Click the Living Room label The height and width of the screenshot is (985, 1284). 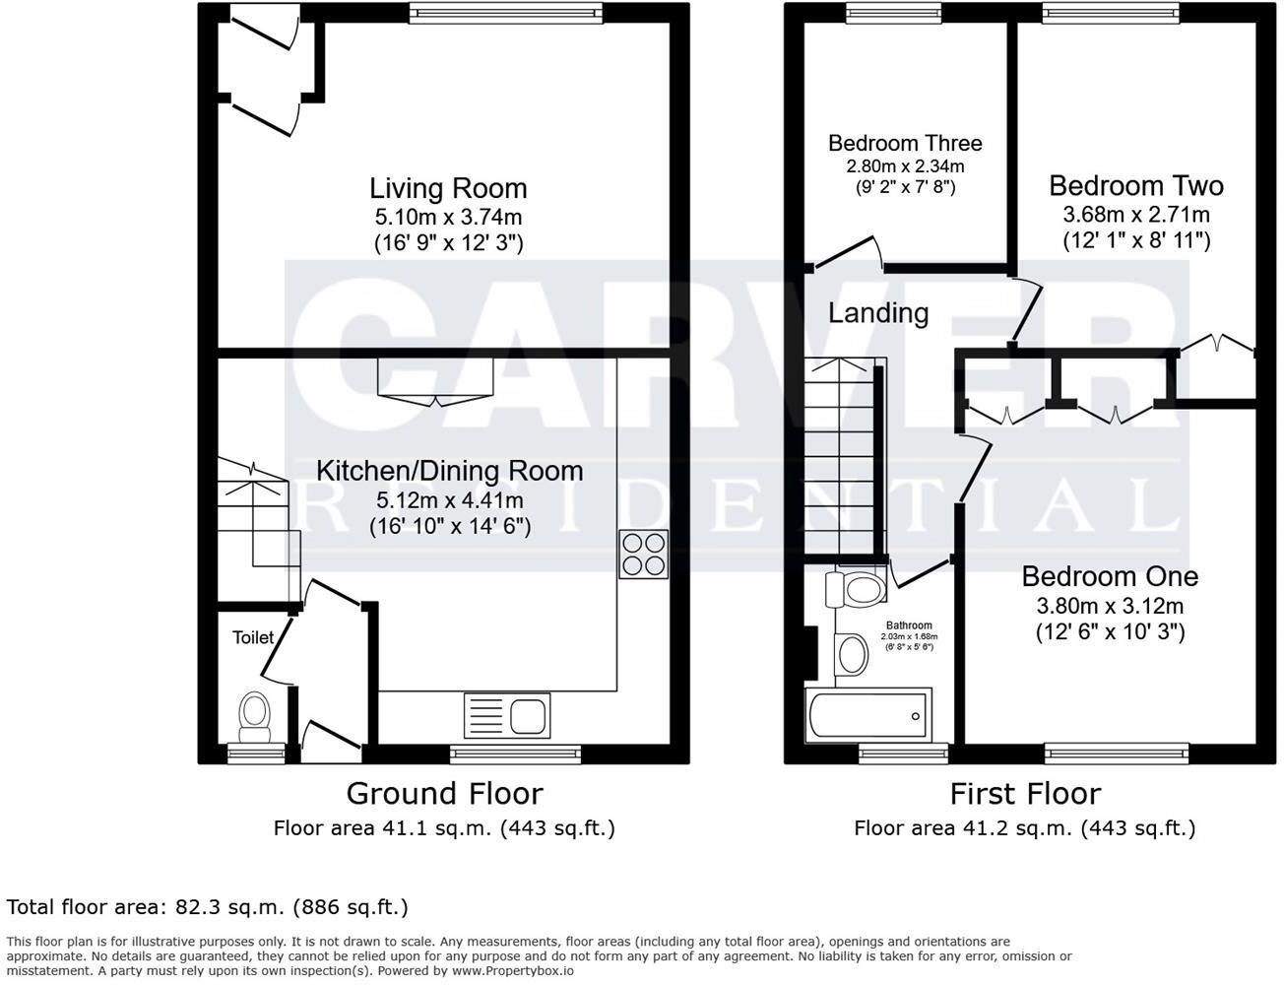point(448,188)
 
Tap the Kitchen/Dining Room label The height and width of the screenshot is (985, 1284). point(449,471)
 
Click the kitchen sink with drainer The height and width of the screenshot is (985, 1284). point(506,714)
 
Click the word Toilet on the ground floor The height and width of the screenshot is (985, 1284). point(253,637)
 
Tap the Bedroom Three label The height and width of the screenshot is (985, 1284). point(904,144)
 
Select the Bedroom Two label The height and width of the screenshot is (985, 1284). point(1135,185)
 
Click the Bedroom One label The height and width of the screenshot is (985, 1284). point(1109,576)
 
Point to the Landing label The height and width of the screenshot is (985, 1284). point(877,313)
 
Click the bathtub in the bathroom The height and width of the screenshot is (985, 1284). point(867,716)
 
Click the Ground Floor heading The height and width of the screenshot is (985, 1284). point(444,793)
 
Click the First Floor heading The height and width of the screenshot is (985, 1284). point(1024,793)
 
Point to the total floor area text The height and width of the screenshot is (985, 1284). point(207,906)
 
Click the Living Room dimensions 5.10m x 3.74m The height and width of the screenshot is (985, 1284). point(448,217)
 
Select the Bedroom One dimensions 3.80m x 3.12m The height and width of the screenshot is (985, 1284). point(1109,606)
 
